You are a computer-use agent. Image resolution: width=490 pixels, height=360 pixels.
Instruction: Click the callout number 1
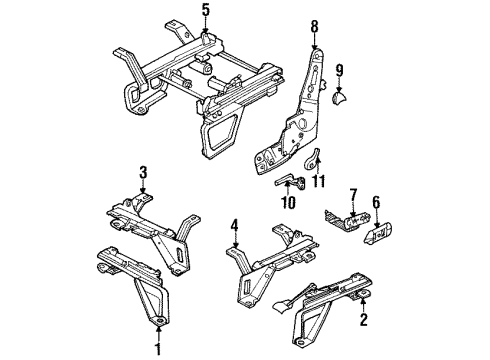157,348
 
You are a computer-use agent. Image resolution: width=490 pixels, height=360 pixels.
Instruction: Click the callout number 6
377,202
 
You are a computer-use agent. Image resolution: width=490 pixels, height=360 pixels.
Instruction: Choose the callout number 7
352,193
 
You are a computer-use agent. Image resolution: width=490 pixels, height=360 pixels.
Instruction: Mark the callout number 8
314,27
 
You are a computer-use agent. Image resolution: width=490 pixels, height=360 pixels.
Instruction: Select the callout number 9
339,72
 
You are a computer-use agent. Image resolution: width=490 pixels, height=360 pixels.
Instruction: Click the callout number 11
320,180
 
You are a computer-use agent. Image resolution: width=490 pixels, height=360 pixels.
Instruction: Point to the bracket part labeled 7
343,217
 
